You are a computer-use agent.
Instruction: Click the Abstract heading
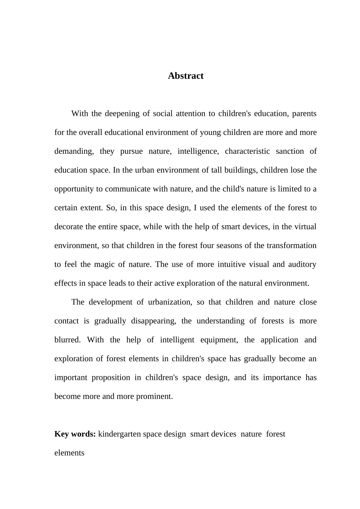point(186,76)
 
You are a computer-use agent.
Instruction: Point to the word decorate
point(69,226)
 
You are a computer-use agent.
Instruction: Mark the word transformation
point(291,245)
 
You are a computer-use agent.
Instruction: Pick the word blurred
point(67,340)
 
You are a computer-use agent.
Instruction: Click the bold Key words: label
point(75,434)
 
